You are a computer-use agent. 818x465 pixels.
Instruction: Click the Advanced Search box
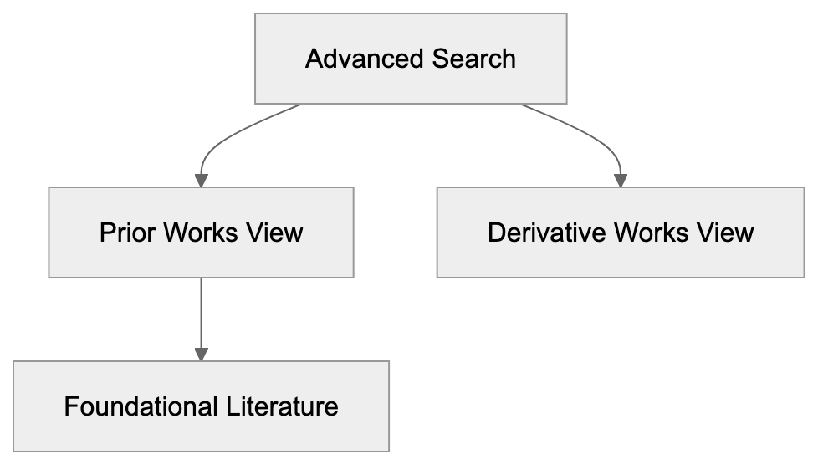point(411,59)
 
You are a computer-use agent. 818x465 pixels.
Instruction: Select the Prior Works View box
point(201,232)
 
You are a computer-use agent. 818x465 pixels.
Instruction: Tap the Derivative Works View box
point(620,232)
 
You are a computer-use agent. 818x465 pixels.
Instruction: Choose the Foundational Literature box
point(201,406)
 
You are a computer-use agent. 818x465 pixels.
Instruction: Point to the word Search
point(474,59)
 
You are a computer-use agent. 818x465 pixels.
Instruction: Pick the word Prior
point(127,232)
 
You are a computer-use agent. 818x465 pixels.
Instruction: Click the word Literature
point(282,406)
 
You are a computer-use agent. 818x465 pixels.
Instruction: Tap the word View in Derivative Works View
point(724,232)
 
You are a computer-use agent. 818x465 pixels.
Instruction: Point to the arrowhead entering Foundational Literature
point(201,355)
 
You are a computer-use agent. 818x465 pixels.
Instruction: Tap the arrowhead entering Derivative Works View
point(620,180)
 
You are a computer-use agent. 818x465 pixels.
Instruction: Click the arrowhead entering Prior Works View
point(201,180)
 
